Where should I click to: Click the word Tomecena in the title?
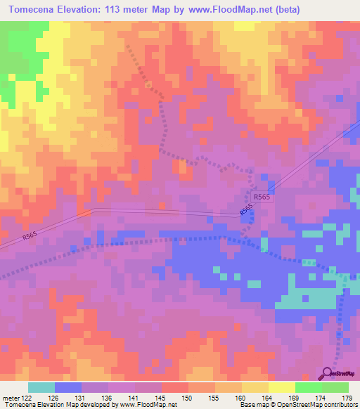[34, 10]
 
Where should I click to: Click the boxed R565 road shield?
[262, 197]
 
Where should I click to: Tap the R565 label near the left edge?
[30, 238]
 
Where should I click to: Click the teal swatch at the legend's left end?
[41, 387]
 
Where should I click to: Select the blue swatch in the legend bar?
[68, 387]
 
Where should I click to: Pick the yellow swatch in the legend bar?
[281, 387]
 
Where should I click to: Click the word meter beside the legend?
[10, 398]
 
